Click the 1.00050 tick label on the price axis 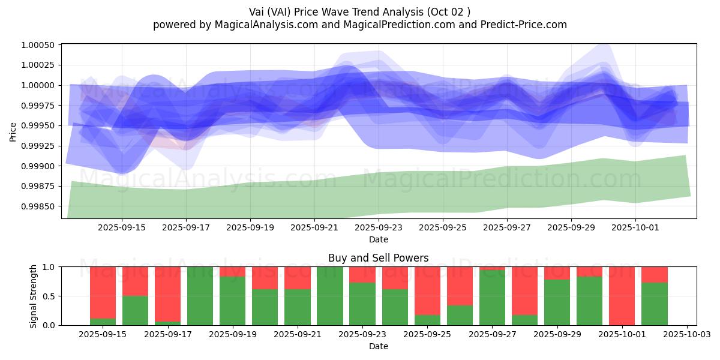click(38, 45)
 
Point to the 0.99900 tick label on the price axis click(38, 166)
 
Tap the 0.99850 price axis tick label click(38, 206)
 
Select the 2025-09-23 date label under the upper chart click(379, 228)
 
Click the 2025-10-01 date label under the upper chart click(636, 228)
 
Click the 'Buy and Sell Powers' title click(378, 259)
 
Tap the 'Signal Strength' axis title click(34, 296)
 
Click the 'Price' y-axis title click(13, 131)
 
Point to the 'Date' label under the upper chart click(379, 239)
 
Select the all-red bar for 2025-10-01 click(622, 296)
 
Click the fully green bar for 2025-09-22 click(330, 296)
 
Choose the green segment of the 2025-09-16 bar click(135, 310)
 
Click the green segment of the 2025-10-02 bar click(655, 304)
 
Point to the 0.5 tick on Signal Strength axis click(51, 296)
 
